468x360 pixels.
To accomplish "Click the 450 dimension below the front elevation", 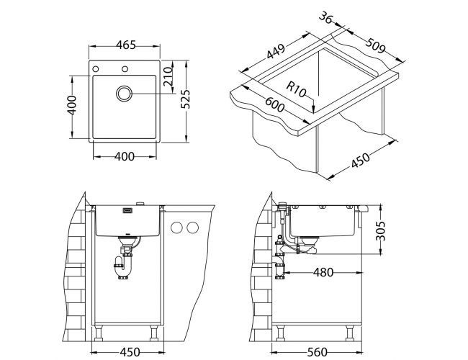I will pyautogui.click(x=128, y=351).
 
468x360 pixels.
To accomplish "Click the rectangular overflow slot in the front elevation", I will pyautogui.click(x=129, y=210).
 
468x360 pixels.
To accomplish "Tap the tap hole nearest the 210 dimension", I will pyautogui.click(x=125, y=69).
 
